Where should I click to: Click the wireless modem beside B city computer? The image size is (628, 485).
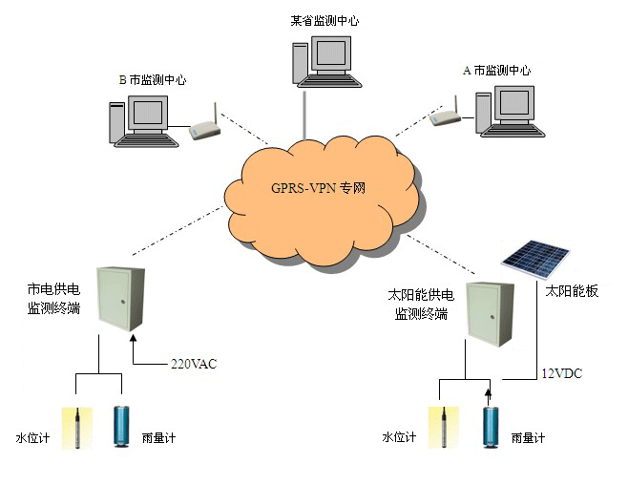(201, 129)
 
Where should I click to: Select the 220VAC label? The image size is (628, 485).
(195, 364)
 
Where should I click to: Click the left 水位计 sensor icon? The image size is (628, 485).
(75, 428)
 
